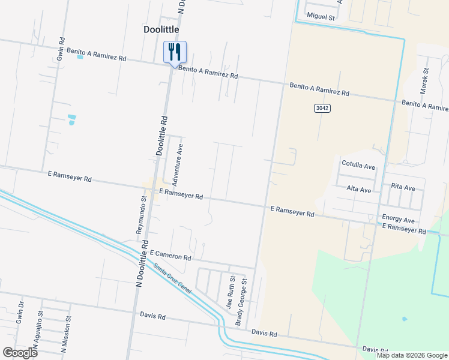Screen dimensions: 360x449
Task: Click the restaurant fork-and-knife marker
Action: click(x=175, y=52)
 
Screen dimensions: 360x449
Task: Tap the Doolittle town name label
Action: click(x=161, y=29)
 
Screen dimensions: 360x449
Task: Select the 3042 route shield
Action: click(x=322, y=107)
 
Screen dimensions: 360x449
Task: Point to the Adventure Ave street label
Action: click(x=177, y=164)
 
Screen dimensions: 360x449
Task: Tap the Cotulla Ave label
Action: click(x=358, y=165)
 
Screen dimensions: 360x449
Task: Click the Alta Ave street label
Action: click(x=359, y=190)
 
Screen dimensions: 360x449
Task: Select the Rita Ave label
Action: click(x=403, y=188)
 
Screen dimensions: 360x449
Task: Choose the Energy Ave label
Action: click(x=398, y=220)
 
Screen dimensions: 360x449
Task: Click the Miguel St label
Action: click(x=321, y=17)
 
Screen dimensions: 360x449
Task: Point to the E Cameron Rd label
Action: click(x=170, y=256)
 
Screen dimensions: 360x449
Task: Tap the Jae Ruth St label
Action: click(x=229, y=292)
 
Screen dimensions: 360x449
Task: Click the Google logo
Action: click(x=20, y=352)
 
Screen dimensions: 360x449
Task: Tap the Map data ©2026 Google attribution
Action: click(x=411, y=355)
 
